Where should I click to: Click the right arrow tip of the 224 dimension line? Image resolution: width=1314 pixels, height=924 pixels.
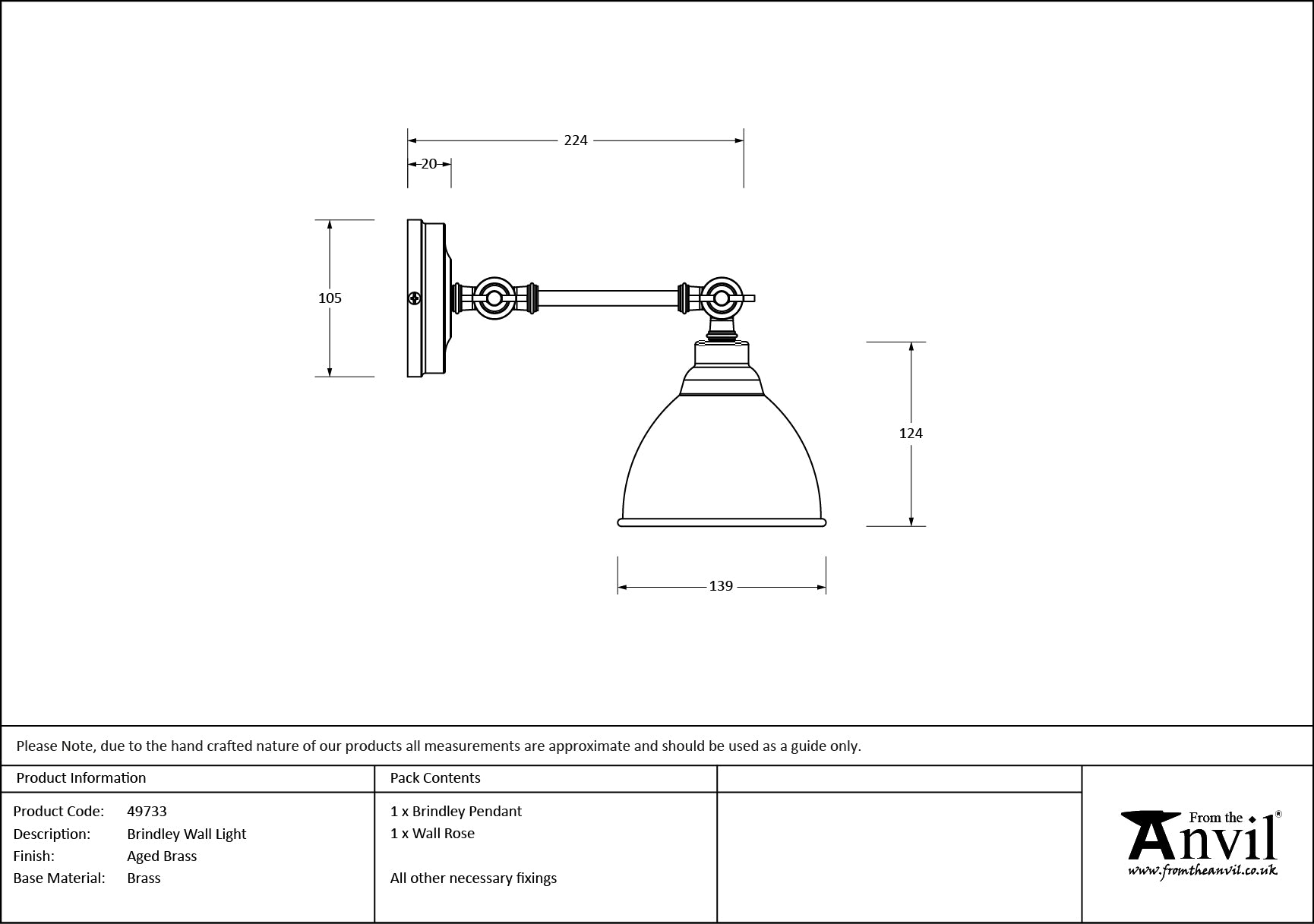[x=744, y=140]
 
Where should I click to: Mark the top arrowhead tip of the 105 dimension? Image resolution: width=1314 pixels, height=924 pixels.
[x=330, y=220]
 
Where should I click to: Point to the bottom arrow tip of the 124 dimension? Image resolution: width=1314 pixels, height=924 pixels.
[x=911, y=525]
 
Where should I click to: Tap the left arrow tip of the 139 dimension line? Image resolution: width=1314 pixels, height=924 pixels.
[x=618, y=587]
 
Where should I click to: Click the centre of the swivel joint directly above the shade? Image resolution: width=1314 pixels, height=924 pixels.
[x=721, y=298]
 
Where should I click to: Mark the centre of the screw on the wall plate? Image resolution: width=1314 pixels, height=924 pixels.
[x=415, y=298]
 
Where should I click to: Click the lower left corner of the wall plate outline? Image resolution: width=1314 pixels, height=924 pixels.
[x=408, y=377]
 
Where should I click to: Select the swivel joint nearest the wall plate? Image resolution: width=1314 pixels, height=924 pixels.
[x=494, y=298]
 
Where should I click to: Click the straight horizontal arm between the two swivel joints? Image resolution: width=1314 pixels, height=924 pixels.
[x=608, y=298]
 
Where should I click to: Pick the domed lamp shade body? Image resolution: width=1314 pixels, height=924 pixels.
[x=722, y=456]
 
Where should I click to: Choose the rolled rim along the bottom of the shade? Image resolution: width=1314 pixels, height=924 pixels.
[x=722, y=523]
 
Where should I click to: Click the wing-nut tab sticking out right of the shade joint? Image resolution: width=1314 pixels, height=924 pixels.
[x=748, y=298]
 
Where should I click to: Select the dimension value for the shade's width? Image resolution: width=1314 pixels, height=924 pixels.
[x=721, y=586]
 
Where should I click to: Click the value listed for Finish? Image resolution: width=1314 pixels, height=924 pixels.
[x=162, y=856]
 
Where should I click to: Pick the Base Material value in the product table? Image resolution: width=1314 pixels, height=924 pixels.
[x=144, y=878]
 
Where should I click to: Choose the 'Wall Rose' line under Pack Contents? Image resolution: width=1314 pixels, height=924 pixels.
[x=432, y=833]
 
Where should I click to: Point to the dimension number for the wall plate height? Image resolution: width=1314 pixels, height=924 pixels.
[x=330, y=298]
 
